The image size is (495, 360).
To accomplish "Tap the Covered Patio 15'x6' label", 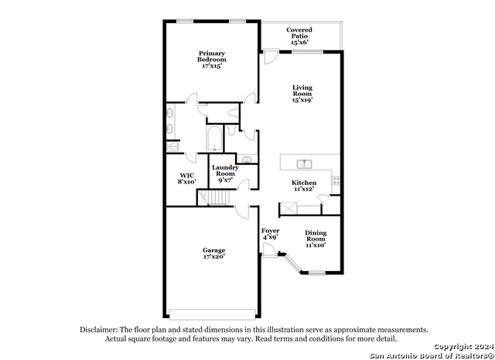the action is pos(299,36).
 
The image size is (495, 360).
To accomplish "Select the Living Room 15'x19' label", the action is pos(302,94).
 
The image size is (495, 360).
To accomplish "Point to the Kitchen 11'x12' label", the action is pos(304,186).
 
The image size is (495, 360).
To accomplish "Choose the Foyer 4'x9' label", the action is pos(270,234).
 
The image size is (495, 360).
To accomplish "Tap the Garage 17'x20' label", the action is pos(214,253).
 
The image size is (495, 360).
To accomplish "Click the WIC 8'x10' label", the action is pos(187,179).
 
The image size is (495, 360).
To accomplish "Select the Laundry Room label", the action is pos(225,170).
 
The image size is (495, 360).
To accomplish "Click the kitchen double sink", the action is pos(304,164).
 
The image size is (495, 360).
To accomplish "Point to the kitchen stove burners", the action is pos(336,180).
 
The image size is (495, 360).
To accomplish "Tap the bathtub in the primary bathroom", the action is pos(215,139).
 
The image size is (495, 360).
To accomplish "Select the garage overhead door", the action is pos(212,314).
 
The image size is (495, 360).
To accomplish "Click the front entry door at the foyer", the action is pos(270,250).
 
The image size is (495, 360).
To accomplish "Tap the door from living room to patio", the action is pos(271,57).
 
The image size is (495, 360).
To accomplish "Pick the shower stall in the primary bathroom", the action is pos(172,146).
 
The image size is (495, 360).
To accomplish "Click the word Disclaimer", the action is pos(99,330).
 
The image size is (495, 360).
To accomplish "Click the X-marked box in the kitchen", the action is pos(288,208).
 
